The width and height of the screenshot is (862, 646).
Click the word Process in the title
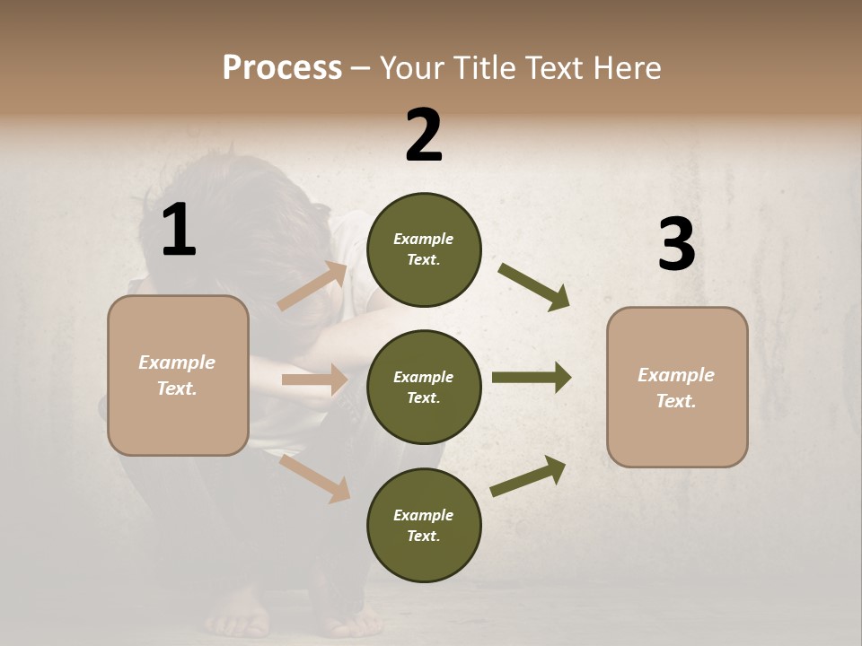pyautogui.click(x=282, y=68)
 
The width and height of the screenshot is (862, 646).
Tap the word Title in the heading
pyautogui.click(x=486, y=68)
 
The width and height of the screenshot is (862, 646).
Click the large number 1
pyautogui.click(x=179, y=231)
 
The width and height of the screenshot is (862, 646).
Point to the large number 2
pyautogui.click(x=424, y=135)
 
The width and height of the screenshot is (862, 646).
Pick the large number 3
pyautogui.click(x=676, y=244)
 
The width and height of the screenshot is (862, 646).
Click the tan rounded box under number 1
pyautogui.click(x=178, y=375)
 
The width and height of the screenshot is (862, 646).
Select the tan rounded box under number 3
pyautogui.click(x=677, y=387)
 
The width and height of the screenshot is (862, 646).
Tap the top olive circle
pyautogui.click(x=424, y=249)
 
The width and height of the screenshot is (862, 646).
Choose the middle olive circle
pyautogui.click(x=424, y=387)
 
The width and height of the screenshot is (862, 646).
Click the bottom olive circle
pyautogui.click(x=424, y=525)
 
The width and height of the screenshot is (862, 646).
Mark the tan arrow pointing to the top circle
pyautogui.click(x=313, y=286)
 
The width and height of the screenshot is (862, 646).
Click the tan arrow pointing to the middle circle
pyautogui.click(x=315, y=380)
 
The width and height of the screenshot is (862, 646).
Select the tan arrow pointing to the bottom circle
pyautogui.click(x=315, y=478)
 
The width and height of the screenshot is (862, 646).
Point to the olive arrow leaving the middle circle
pyautogui.click(x=532, y=378)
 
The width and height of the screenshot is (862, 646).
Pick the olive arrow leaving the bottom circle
pyautogui.click(x=528, y=476)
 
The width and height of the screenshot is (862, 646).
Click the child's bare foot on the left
pyautogui.click(x=235, y=617)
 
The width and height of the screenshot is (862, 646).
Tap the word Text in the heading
pyautogui.click(x=556, y=68)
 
